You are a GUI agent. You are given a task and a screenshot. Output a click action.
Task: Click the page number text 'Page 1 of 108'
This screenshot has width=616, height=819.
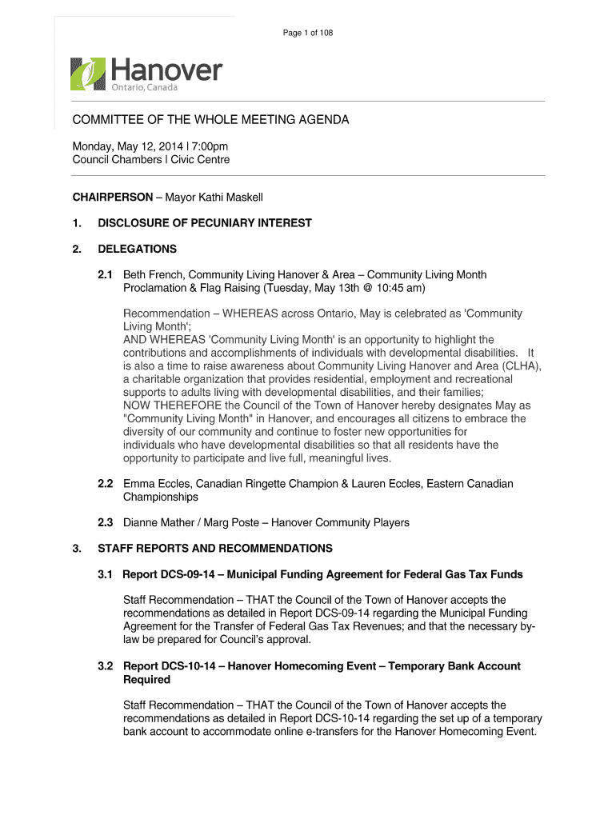click(308, 33)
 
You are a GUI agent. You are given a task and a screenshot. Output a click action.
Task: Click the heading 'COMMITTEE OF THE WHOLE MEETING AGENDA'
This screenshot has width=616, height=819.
click(211, 120)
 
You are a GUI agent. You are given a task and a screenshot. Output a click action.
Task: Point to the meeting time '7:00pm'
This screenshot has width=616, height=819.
click(209, 146)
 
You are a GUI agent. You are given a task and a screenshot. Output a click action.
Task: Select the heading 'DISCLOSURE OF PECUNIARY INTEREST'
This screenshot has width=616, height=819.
click(205, 223)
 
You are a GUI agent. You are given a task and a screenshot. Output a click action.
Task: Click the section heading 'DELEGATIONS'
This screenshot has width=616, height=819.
click(137, 249)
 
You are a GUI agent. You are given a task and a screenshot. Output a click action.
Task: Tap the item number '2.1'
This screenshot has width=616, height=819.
click(106, 275)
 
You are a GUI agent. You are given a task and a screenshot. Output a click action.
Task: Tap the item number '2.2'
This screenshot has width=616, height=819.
click(106, 484)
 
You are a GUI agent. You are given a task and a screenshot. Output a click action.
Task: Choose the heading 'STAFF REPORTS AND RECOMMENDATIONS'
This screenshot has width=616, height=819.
click(215, 549)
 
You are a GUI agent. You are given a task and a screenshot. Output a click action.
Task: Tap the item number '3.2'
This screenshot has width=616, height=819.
click(106, 666)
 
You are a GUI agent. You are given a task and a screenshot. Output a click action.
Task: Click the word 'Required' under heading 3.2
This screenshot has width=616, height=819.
click(146, 680)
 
